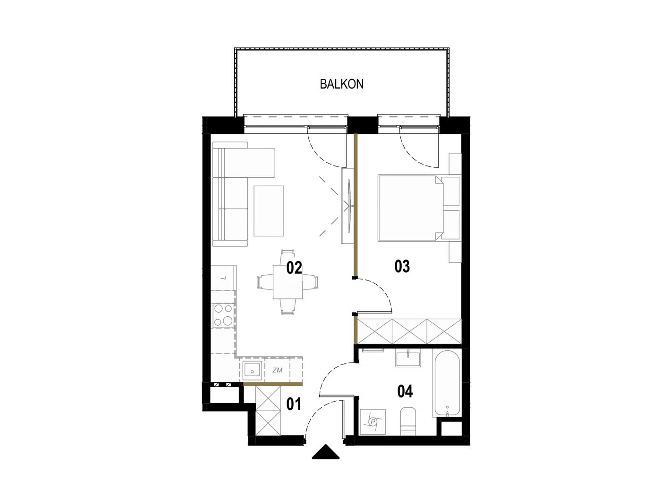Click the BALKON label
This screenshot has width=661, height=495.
341,84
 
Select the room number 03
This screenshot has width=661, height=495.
402,266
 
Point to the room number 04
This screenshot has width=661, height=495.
405,391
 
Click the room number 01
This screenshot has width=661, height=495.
293,404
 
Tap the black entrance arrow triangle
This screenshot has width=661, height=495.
325,452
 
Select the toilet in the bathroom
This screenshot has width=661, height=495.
408,421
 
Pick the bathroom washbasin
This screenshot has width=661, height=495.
408,359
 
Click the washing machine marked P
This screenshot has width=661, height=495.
373,421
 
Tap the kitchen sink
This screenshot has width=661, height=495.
252,371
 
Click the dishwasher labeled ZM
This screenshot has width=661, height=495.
277,370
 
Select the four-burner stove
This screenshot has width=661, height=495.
223,315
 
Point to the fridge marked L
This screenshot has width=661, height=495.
223,278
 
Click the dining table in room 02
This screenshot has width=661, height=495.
288,282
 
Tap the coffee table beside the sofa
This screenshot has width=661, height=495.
268,211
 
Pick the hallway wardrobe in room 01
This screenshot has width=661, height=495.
268,411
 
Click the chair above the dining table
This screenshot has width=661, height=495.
288,257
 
